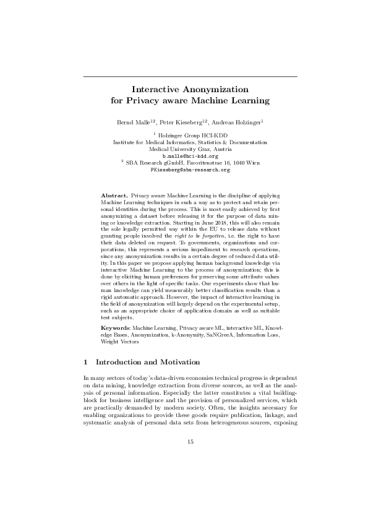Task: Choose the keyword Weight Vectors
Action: (x=120, y=340)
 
